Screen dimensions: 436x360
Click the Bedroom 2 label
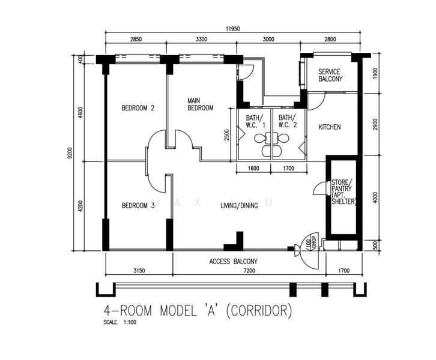tap(138, 108)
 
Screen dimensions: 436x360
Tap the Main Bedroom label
tap(200, 104)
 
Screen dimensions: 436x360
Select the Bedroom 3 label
tap(138, 206)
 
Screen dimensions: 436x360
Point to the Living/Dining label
tap(239, 206)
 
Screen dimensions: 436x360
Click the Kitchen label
tap(330, 127)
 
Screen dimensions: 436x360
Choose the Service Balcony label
tap(330, 75)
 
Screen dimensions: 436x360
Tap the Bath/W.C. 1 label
tap(255, 121)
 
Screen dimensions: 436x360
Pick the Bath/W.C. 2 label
tap(288, 121)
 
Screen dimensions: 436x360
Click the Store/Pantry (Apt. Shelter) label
tap(344, 191)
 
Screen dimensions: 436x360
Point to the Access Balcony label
tap(233, 262)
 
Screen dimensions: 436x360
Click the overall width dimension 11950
tap(233, 28)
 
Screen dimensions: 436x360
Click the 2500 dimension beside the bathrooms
tap(227, 135)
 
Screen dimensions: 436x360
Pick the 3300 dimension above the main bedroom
tap(201, 39)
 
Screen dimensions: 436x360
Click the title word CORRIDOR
tap(259, 311)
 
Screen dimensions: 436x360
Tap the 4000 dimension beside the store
tap(375, 197)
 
